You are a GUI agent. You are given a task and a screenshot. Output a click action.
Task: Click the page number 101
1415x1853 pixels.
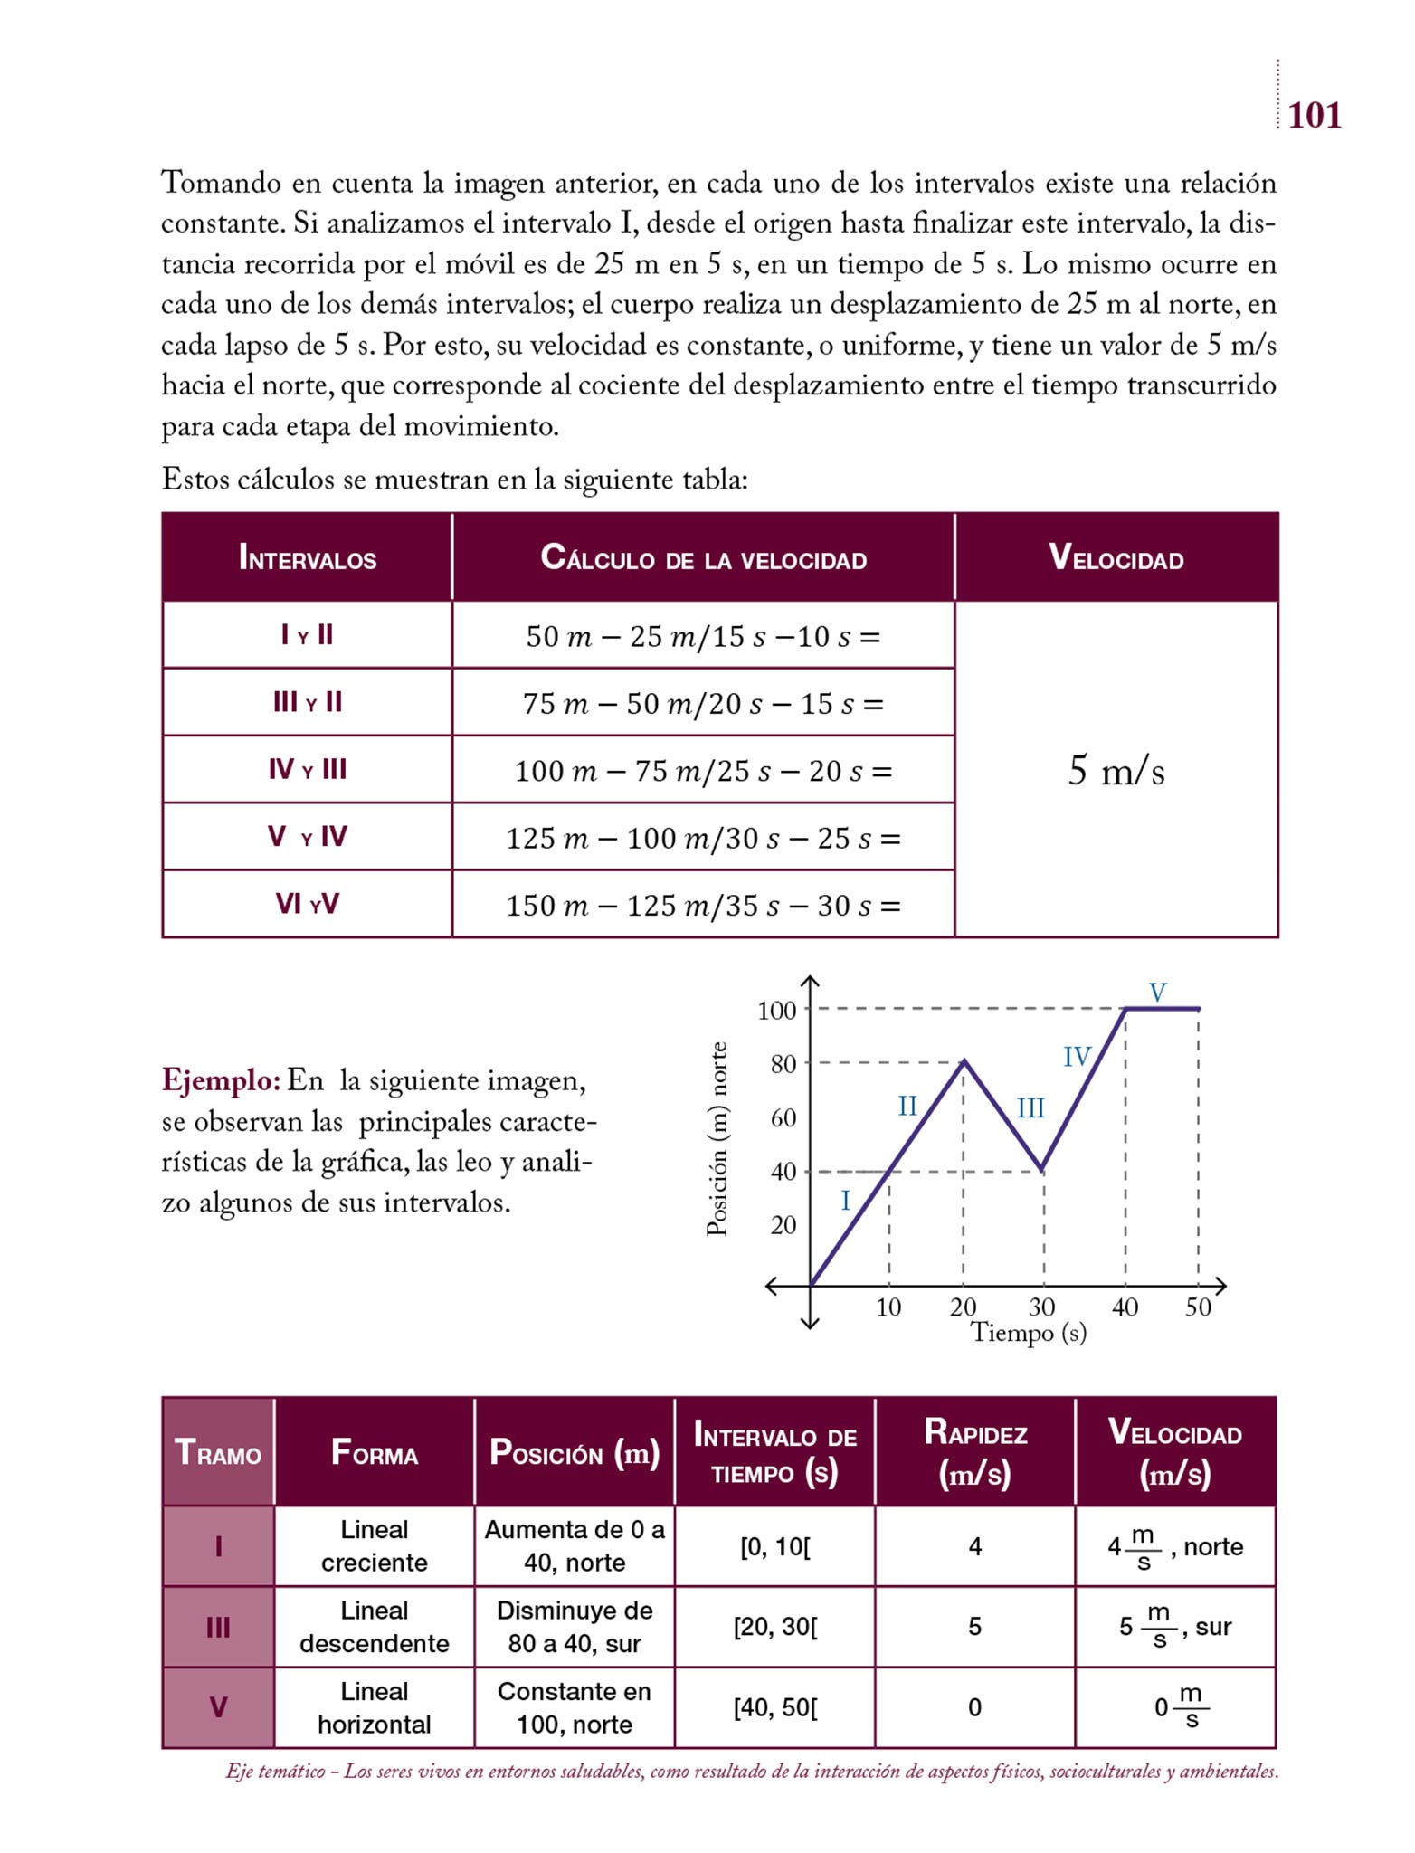click(1314, 116)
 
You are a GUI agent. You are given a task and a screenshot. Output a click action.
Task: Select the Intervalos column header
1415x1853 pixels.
click(307, 557)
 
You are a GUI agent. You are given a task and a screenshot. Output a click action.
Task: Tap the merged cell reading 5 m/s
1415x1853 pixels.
click(1116, 770)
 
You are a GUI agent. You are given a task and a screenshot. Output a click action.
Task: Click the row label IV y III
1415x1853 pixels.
click(307, 769)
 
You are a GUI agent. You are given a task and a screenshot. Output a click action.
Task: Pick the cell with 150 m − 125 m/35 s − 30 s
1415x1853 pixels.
click(703, 905)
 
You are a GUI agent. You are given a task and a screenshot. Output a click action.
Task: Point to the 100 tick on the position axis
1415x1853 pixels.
click(776, 1010)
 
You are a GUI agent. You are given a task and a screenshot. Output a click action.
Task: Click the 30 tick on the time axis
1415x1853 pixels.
click(1042, 1307)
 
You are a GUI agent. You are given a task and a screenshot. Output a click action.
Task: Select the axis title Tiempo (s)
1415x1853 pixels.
click(1028, 1333)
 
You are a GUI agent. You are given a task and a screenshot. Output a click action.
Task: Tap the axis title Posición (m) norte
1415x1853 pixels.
click(717, 1138)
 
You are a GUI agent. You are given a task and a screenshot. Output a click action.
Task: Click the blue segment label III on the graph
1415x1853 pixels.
click(1030, 1107)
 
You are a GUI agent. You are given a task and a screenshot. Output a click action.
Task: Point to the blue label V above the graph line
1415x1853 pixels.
click(1157, 992)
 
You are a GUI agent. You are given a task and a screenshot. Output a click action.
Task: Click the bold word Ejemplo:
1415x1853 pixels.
click(221, 1080)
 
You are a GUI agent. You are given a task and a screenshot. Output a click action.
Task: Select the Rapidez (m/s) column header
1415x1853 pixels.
click(974, 1453)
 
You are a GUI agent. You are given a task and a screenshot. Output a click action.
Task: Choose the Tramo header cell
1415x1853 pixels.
click(218, 1453)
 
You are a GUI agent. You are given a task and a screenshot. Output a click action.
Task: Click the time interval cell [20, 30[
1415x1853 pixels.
click(774, 1627)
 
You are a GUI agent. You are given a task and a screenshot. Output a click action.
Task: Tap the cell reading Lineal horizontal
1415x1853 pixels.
click(374, 1707)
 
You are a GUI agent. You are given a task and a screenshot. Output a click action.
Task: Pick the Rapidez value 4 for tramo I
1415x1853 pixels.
click(974, 1546)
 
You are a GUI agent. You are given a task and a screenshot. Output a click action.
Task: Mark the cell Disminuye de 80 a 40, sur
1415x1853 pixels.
click(574, 1627)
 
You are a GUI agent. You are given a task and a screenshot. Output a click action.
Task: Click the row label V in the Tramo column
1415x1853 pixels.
click(218, 1707)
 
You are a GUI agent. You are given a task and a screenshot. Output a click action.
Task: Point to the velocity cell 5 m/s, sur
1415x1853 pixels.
click(1174, 1627)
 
